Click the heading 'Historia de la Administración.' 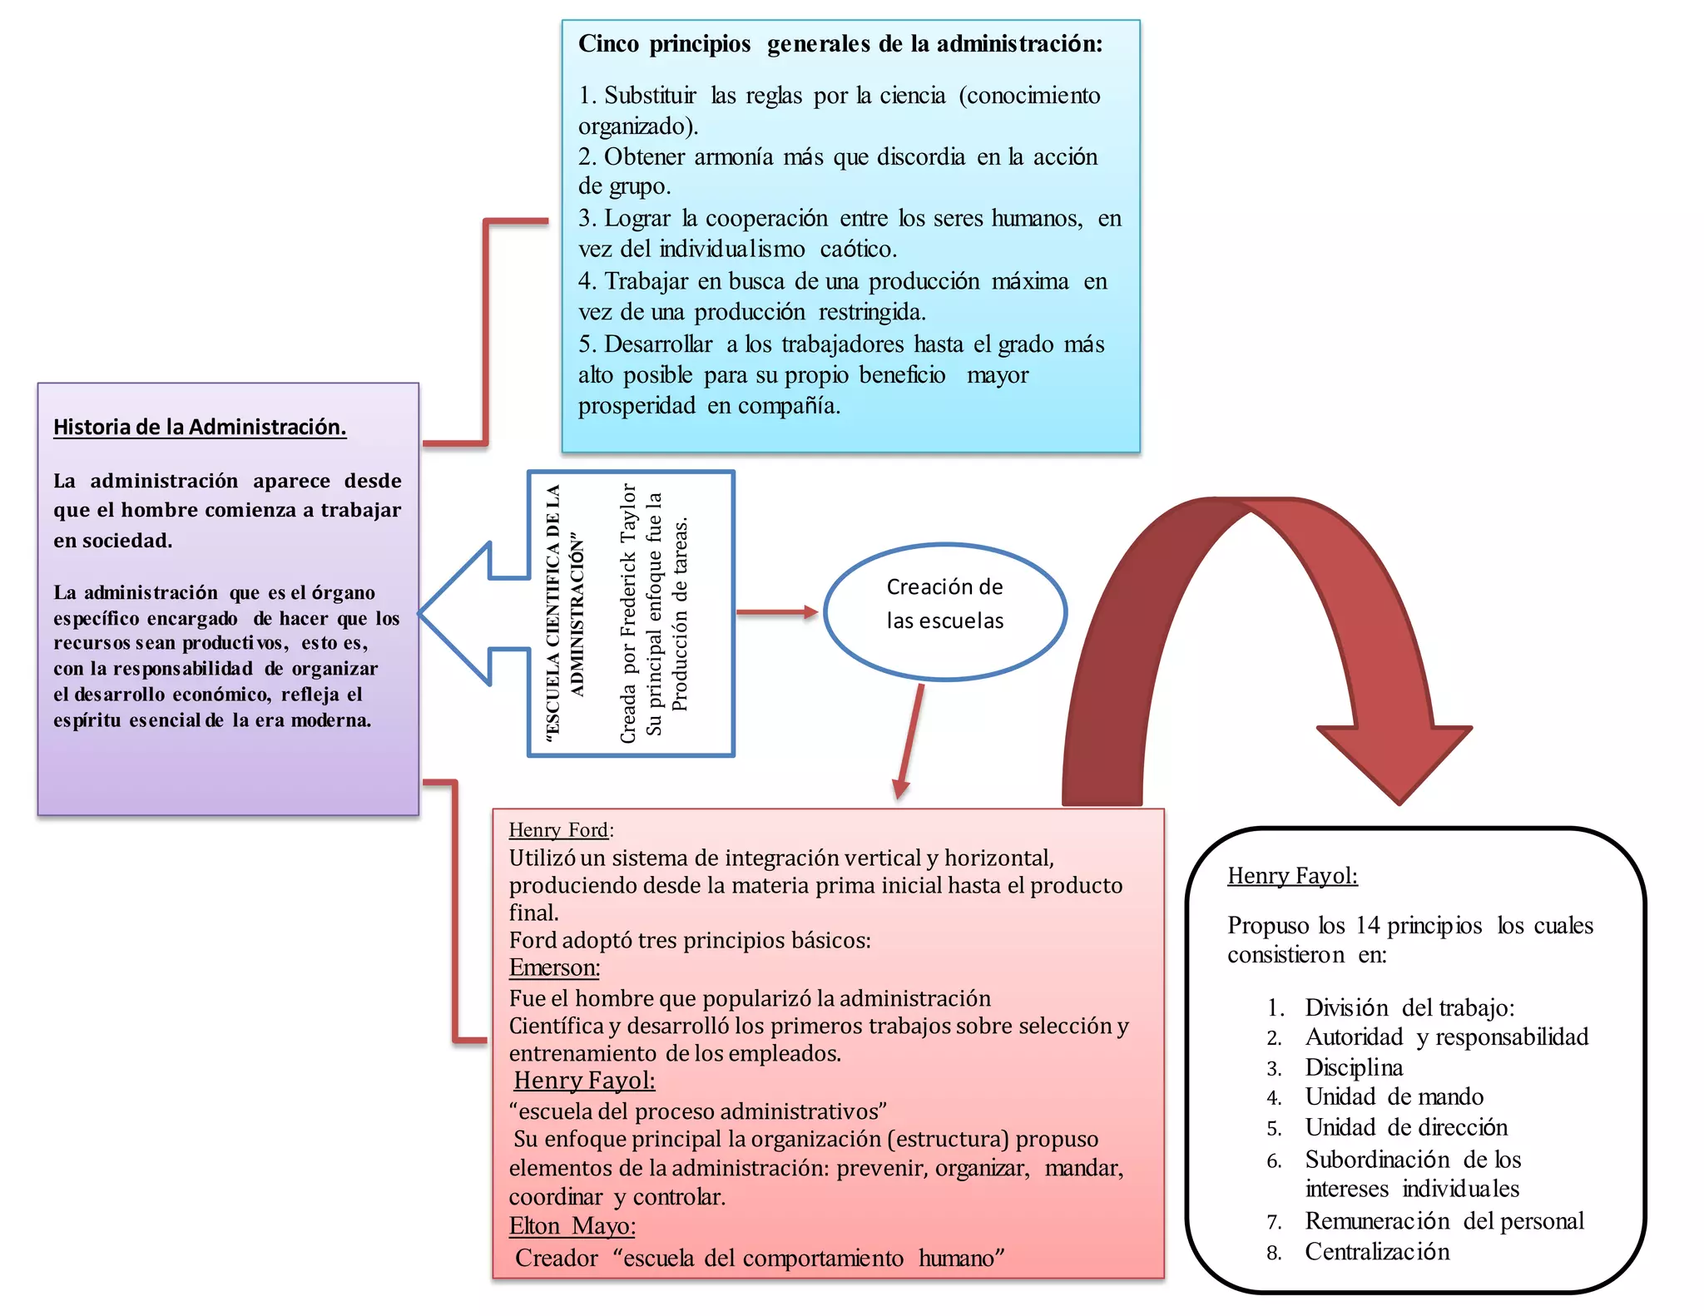coord(200,427)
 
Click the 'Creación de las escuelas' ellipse coord(944,611)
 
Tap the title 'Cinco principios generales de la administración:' coord(840,44)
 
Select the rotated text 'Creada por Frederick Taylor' coord(628,613)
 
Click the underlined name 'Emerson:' coord(554,967)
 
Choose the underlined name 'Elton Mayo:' coord(572,1226)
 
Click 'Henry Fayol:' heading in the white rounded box coord(1292,875)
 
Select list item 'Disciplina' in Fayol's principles coord(1354,1067)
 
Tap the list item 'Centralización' coord(1377,1252)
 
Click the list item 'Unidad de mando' coord(1394,1096)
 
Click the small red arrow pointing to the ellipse coord(777,612)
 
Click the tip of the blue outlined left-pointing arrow coord(424,613)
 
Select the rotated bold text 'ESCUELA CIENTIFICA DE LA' coord(552,613)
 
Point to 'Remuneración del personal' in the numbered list coord(1444,1220)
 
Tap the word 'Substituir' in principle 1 coord(650,96)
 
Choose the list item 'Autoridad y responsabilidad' coord(1446,1036)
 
